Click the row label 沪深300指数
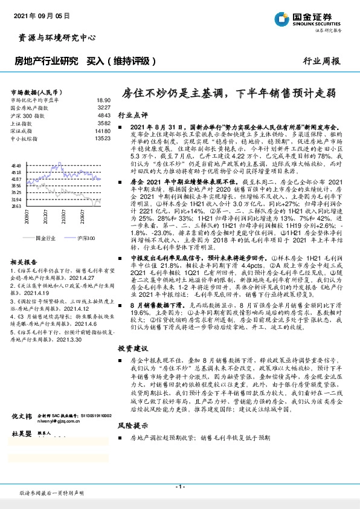(28, 114)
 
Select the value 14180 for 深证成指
(103, 131)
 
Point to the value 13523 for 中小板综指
(103, 138)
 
